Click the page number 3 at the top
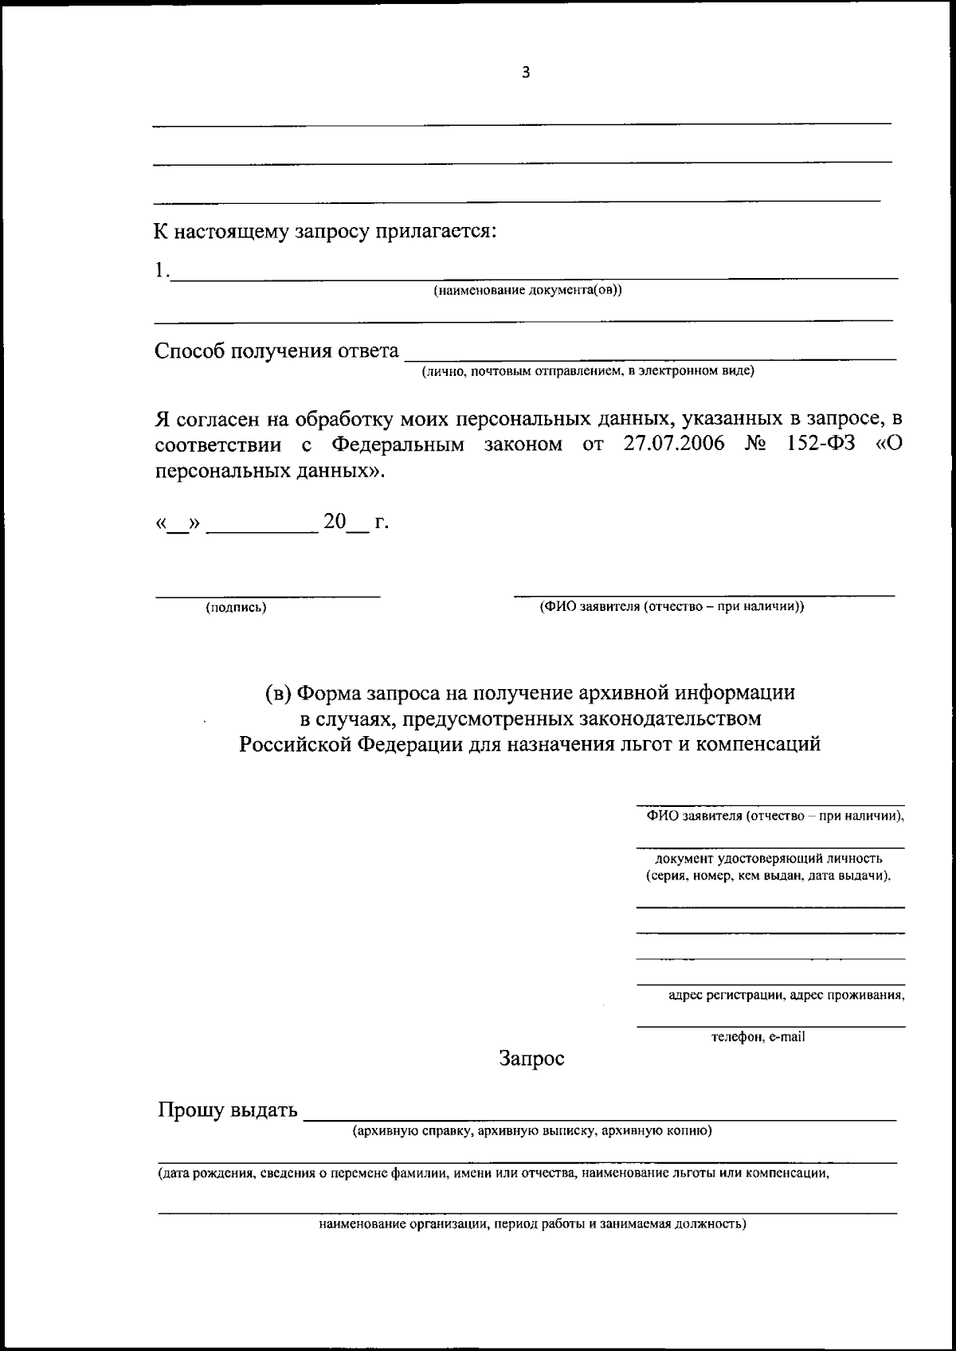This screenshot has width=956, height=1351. click(x=525, y=73)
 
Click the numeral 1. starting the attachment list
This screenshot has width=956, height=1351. click(x=162, y=271)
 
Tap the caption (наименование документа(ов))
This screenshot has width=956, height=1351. click(x=527, y=290)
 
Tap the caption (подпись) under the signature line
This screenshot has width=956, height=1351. click(x=236, y=608)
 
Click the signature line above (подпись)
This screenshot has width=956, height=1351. click(x=267, y=594)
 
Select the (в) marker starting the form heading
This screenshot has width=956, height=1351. click(x=278, y=693)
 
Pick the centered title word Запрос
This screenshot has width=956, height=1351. click(x=531, y=1059)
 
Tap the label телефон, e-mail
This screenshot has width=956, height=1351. click(x=758, y=1036)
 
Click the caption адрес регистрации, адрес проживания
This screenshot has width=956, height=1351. click(x=786, y=995)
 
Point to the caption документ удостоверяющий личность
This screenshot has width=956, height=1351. click(x=768, y=859)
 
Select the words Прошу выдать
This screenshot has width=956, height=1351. click(x=227, y=1110)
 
